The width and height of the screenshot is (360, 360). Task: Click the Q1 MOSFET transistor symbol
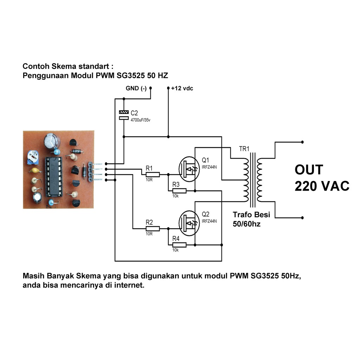[x=189, y=169]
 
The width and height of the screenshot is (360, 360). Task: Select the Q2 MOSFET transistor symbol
[x=189, y=223]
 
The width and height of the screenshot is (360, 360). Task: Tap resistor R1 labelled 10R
[x=153, y=175]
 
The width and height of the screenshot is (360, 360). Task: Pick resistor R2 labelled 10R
[x=153, y=229]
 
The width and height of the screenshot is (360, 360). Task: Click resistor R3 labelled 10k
[x=179, y=191]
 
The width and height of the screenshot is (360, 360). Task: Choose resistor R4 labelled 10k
[x=179, y=245]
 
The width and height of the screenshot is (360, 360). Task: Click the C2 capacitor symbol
[x=124, y=115]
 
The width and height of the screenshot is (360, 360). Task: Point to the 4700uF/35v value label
[x=140, y=120]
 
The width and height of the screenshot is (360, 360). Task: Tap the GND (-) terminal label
[x=136, y=88]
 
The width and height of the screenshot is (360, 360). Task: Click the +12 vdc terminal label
[x=182, y=88]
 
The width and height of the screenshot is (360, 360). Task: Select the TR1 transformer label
[x=244, y=149]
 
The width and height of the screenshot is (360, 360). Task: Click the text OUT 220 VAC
[x=322, y=178]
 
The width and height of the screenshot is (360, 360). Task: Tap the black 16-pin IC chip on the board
[x=54, y=176]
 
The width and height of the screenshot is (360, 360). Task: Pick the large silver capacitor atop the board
[x=52, y=141]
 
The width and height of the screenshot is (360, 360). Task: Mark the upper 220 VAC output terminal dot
[x=302, y=142]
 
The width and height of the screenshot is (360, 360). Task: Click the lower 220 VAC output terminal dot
[x=302, y=218]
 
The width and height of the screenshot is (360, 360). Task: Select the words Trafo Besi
[x=251, y=215]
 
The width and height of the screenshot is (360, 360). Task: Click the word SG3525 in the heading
[x=131, y=75]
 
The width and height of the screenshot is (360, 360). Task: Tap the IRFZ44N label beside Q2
[x=209, y=221]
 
